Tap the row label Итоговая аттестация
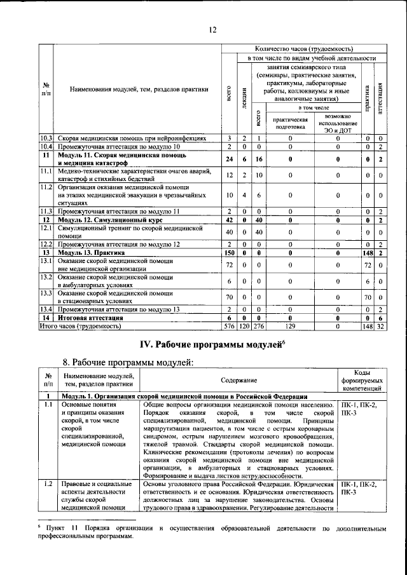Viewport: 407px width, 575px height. [x=90, y=318]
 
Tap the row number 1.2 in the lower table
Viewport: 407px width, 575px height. [x=46, y=485]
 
